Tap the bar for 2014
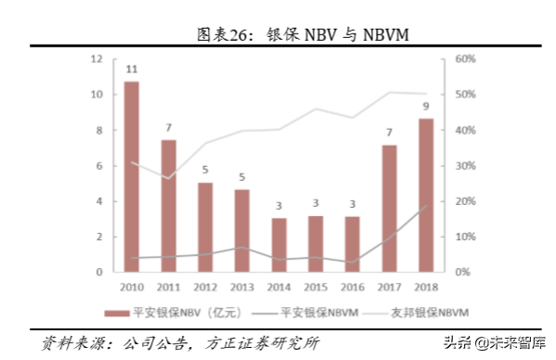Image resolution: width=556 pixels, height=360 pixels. click(278, 245)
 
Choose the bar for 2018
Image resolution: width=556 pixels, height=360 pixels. click(425, 195)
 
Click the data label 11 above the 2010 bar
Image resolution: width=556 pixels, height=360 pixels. click(132, 70)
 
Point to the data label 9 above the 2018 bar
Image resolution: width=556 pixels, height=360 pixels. click(425, 106)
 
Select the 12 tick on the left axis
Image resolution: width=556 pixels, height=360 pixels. click(97, 58)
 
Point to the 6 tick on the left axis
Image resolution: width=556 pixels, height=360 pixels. click(98, 165)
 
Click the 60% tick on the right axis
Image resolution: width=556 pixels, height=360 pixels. click(465, 58)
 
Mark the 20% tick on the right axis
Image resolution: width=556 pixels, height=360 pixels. click(465, 201)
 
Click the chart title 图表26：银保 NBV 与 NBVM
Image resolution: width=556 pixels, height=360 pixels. click(278, 33)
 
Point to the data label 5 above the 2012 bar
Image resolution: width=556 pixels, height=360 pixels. click(205, 170)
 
